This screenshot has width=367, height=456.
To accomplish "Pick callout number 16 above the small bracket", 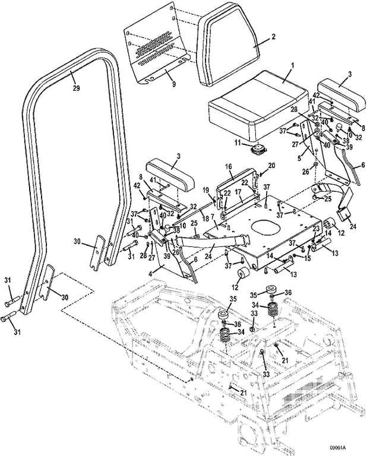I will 228,167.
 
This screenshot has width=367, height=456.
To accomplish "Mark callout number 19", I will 206,190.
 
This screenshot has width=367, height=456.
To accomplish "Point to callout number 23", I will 316,227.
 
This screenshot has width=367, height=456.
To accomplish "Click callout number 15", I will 307,258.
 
